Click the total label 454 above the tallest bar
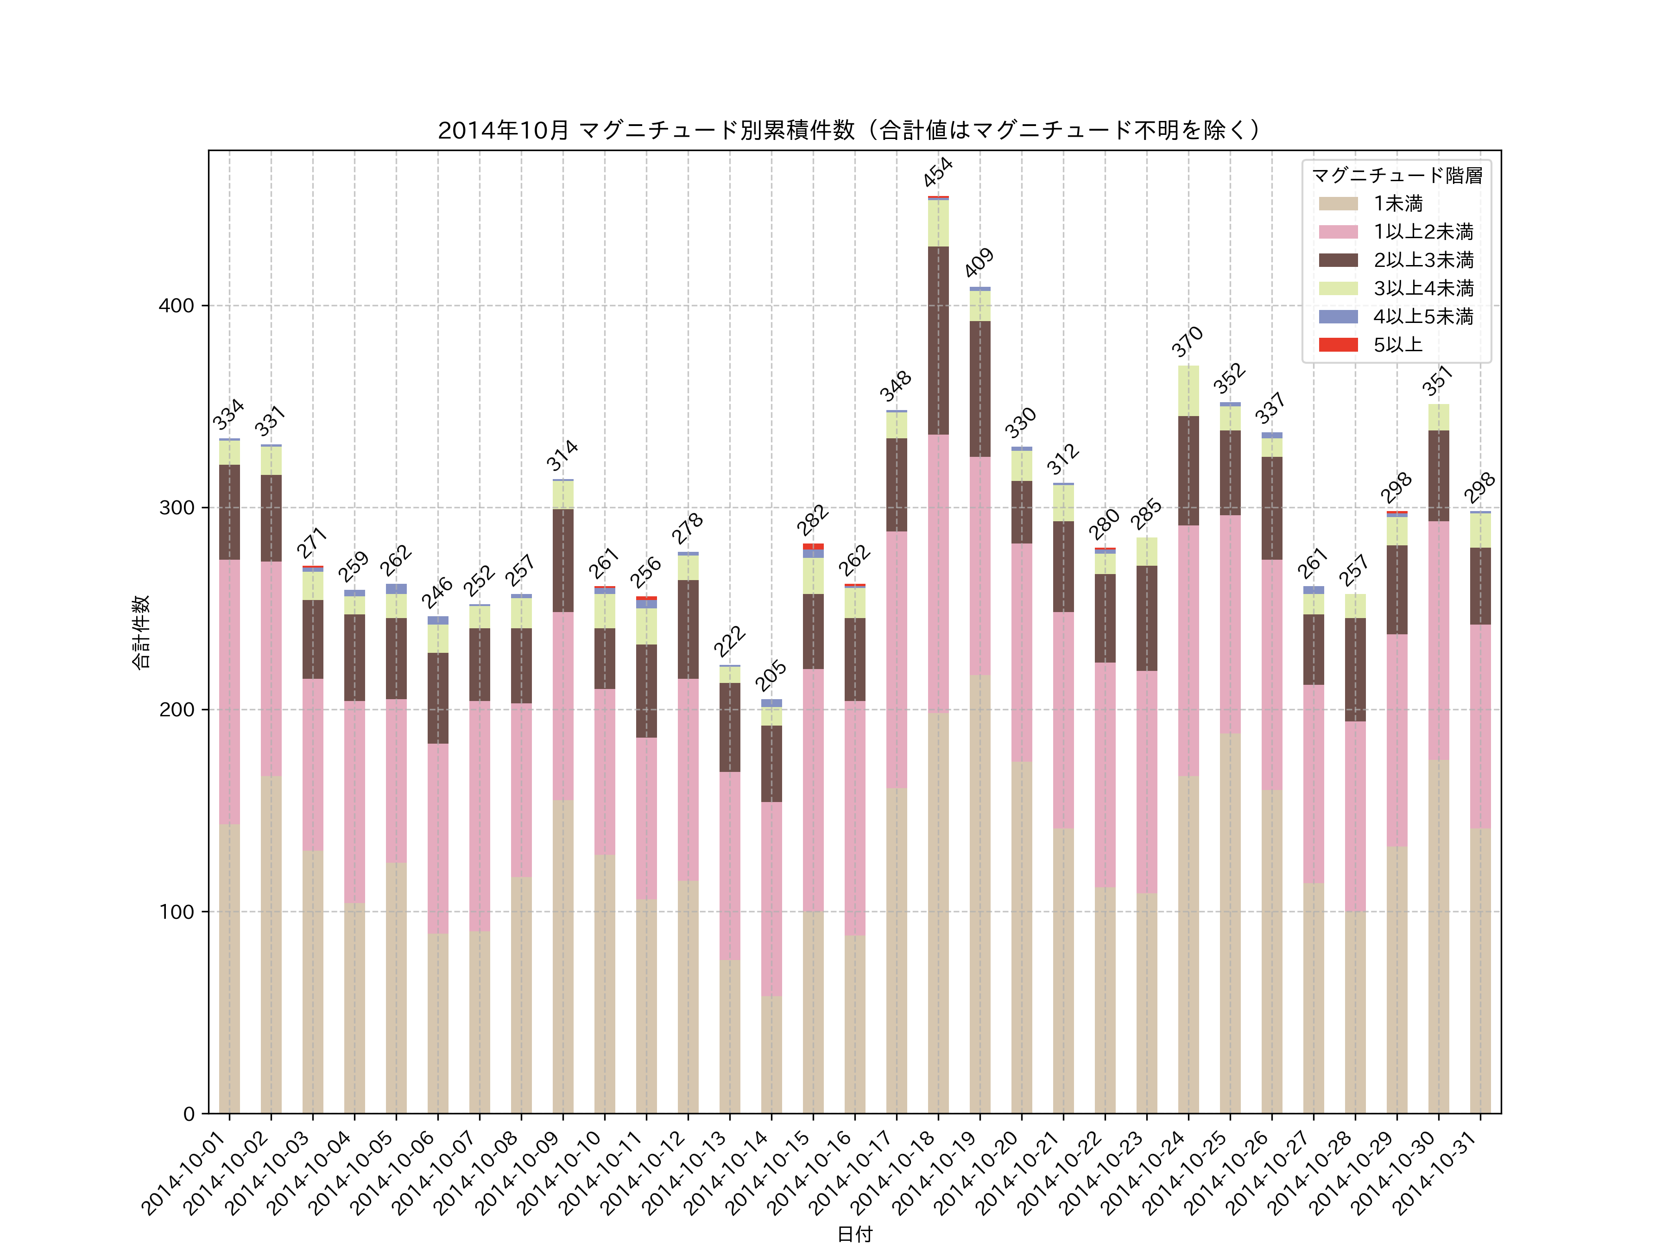938,172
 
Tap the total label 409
979,262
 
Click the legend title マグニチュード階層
1396,176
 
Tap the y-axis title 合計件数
141,632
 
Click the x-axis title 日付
854,1234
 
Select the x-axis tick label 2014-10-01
185,1173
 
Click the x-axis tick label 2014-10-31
1436,1173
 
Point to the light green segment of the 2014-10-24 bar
1188,391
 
